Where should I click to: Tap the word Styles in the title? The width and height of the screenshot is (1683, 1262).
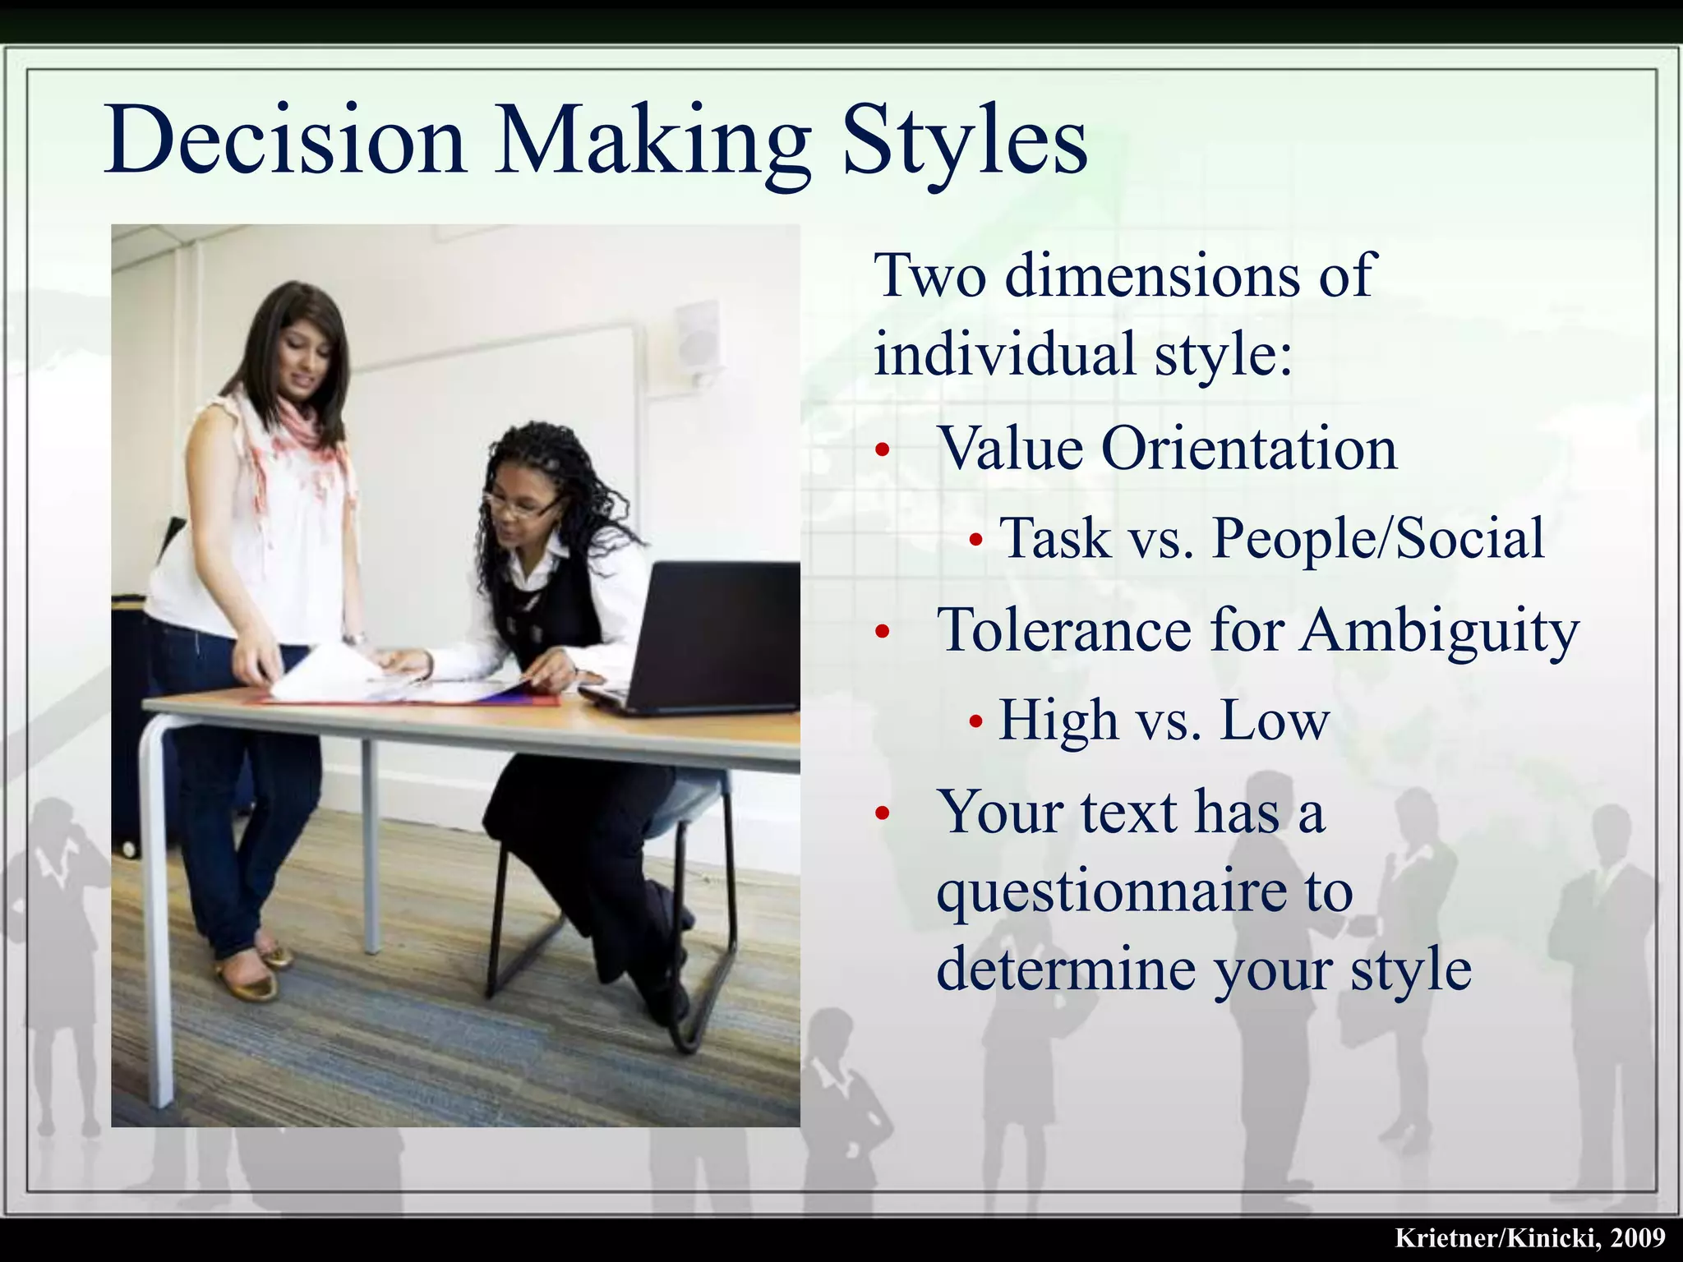[x=966, y=141]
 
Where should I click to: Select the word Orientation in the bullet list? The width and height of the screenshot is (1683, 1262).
[x=1249, y=449]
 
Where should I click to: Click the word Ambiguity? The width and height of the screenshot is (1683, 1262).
[x=1439, y=631]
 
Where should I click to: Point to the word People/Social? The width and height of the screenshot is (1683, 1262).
[x=1378, y=539]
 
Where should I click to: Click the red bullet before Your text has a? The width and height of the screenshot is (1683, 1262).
[x=883, y=813]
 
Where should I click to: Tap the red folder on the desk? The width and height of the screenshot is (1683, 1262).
[x=526, y=700]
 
